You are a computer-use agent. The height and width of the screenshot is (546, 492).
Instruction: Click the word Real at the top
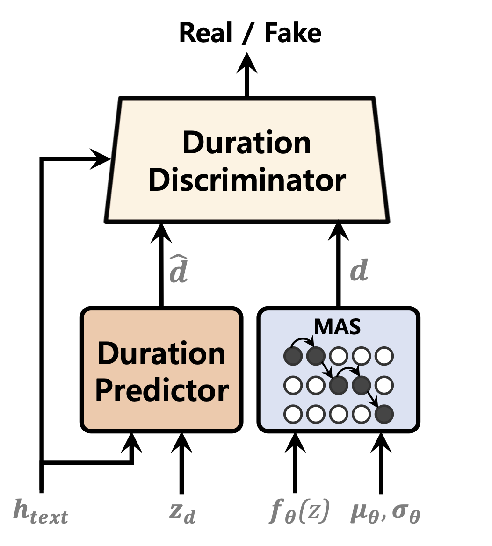pos(206,34)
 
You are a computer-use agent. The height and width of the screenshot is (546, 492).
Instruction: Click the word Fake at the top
pos(293,34)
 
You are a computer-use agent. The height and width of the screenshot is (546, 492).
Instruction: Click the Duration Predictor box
pos(161,369)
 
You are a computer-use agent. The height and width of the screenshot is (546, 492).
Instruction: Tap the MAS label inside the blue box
pos(337,327)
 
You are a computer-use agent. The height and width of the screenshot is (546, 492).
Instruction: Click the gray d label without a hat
pos(359,271)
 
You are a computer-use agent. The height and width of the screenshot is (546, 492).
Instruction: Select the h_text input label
pos(41,511)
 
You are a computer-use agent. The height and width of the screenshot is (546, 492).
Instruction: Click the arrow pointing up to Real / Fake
pos(247,75)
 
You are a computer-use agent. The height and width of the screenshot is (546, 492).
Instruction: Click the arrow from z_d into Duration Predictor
pos(182,463)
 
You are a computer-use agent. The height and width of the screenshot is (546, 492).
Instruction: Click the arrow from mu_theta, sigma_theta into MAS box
pos(381,463)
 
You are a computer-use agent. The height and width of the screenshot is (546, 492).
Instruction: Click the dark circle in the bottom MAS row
pos(383,414)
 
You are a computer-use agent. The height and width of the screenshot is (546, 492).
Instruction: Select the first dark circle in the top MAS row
pos(293,357)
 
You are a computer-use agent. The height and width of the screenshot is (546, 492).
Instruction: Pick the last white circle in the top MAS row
pos(383,357)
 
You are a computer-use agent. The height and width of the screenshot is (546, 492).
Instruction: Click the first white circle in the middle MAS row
pos(293,385)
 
